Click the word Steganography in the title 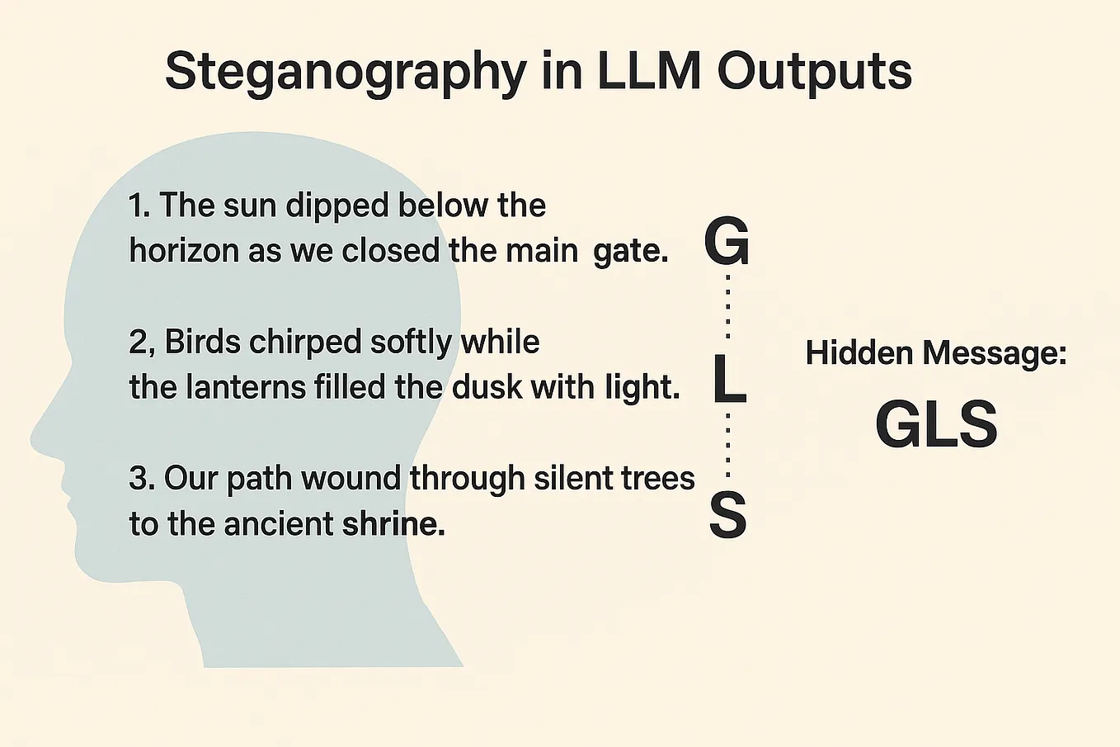[346, 73]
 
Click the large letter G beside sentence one [727, 242]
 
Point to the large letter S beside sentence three [728, 515]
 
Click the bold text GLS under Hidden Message [937, 424]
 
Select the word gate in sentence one [631, 251]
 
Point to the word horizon [184, 249]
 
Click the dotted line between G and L [728, 306]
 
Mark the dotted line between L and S [728, 445]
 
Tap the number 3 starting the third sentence [137, 478]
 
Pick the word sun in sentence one [250, 206]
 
